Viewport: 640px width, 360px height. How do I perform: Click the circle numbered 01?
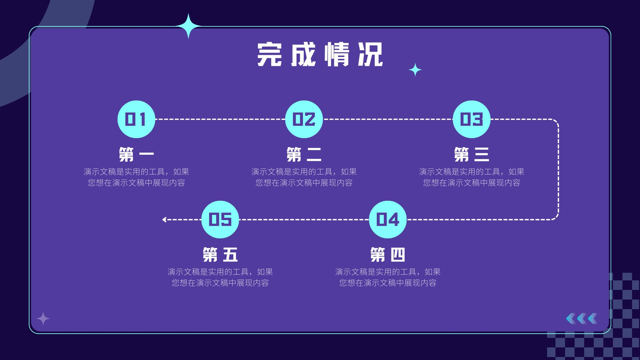(136, 119)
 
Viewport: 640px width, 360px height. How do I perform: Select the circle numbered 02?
(304, 119)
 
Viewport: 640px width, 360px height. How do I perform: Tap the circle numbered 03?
(472, 119)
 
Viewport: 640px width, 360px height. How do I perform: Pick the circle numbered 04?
(388, 220)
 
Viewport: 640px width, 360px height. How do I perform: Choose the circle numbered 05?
(220, 220)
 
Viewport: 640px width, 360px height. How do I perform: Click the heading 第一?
(136, 154)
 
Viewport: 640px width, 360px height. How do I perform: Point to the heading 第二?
(304, 154)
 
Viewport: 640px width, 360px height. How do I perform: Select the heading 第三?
(472, 154)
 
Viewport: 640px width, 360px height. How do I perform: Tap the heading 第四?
(388, 254)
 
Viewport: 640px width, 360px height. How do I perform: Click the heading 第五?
(220, 254)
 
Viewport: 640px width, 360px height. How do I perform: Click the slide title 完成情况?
(320, 54)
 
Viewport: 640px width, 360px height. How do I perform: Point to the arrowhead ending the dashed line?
(164, 220)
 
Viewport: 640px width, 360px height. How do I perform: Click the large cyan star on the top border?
(188, 26)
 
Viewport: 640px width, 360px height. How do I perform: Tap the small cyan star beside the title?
(415, 70)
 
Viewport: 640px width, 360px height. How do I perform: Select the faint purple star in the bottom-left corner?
(43, 318)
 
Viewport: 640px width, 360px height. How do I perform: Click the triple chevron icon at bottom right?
(582, 318)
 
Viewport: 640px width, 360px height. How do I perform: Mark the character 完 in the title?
(269, 54)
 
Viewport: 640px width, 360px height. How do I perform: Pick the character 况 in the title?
(370, 54)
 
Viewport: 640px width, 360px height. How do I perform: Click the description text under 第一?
(136, 177)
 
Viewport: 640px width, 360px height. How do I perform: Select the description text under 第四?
(388, 277)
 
